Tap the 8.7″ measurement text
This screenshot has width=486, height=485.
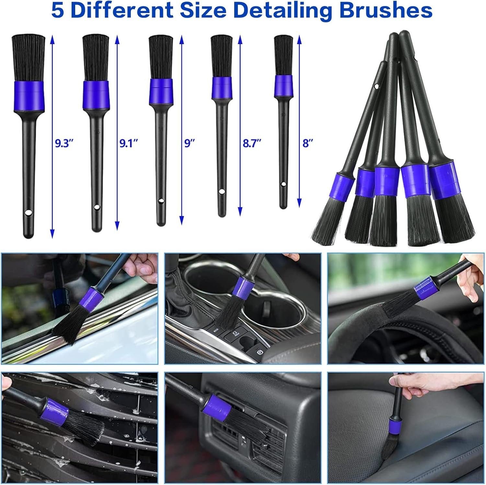click(x=252, y=143)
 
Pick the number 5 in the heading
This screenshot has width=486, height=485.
click(x=58, y=10)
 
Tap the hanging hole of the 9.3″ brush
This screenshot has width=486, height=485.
click(x=29, y=213)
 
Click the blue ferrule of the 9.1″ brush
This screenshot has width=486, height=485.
click(x=96, y=94)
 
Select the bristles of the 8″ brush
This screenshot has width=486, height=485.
click(x=283, y=55)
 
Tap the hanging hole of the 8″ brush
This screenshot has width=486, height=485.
click(x=283, y=184)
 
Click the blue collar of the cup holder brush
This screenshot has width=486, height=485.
click(x=242, y=287)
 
